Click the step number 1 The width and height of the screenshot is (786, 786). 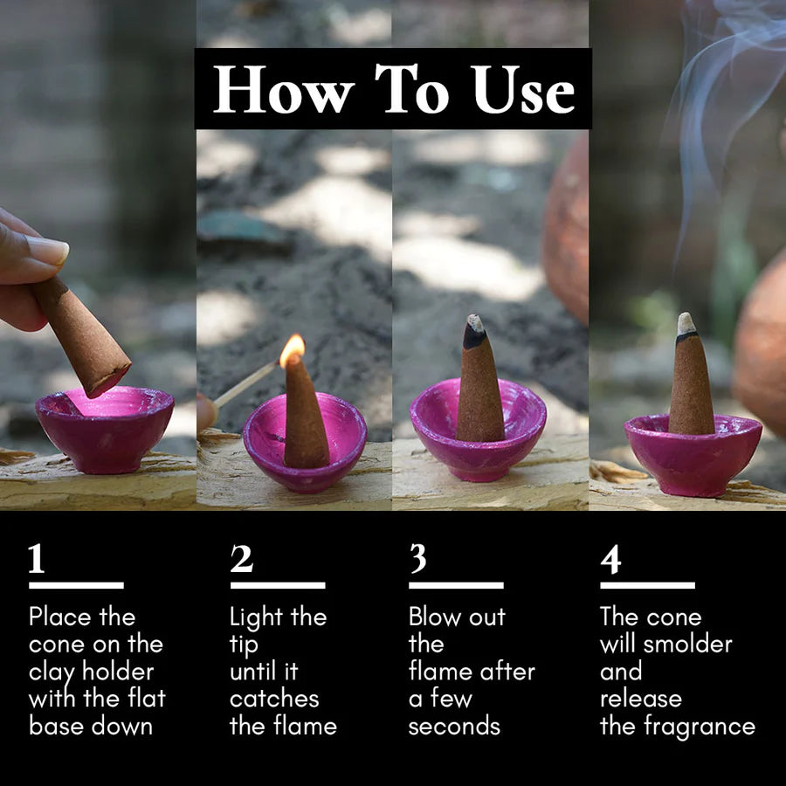coord(37,558)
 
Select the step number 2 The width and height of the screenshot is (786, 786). coord(242,558)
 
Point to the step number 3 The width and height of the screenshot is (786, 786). coord(418,558)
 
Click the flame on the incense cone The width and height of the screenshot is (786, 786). coord(293,349)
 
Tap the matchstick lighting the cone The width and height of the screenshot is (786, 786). coord(245,384)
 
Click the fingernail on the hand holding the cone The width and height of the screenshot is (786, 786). coord(48,250)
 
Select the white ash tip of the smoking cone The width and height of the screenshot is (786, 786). coord(686,324)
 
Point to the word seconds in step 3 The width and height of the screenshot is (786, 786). coord(454,727)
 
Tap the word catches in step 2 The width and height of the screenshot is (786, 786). coord(274,700)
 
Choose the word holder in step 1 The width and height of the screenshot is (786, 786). coord(118,672)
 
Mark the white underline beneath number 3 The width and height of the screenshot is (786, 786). coord(456,585)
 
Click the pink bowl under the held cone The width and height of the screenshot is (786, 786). coord(105,430)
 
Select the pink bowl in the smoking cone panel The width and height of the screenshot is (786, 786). coord(693,455)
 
